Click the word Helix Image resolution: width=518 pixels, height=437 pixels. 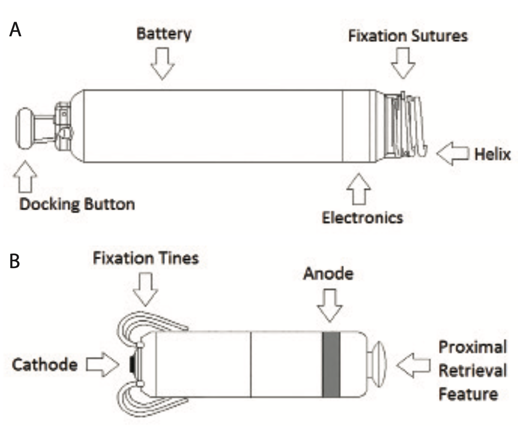coord(492,155)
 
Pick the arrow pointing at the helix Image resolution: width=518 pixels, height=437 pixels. coord(453,154)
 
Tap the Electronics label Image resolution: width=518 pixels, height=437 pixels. coord(362,217)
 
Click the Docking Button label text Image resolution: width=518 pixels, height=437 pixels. coord(77,204)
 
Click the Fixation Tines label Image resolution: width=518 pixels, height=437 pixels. coord(146,258)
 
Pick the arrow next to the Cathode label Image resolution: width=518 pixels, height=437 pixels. coord(102,366)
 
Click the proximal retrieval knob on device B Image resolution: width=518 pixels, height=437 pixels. coord(378,364)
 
